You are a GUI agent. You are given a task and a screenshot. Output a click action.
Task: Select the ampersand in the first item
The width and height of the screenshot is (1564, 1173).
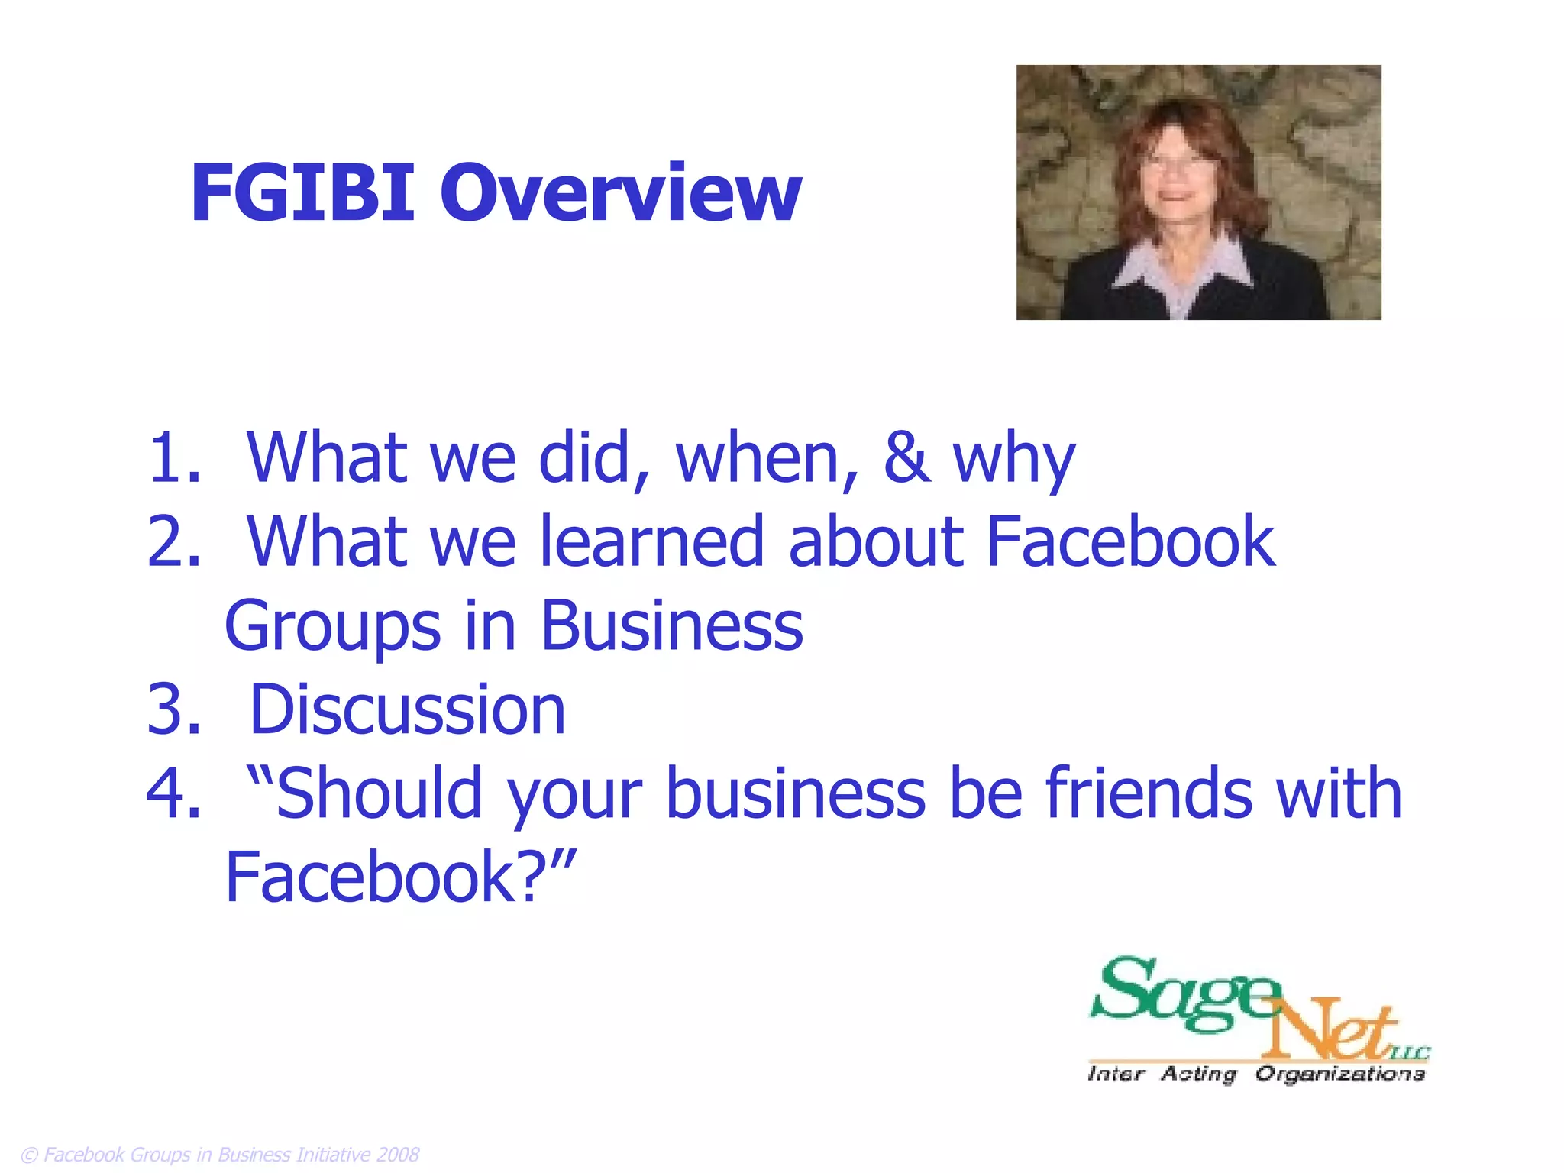[x=906, y=458]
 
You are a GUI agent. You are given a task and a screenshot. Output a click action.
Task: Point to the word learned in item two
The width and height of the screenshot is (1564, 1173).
[x=652, y=541]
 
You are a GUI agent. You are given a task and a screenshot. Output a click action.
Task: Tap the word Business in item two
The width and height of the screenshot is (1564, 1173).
[x=672, y=625]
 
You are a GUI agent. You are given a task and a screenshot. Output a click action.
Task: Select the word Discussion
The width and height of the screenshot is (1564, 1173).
[x=407, y=710]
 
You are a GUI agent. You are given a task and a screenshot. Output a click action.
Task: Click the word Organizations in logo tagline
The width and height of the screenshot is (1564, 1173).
[x=1339, y=1074]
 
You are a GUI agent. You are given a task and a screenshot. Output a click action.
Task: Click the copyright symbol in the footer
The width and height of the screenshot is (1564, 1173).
[x=29, y=1155]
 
